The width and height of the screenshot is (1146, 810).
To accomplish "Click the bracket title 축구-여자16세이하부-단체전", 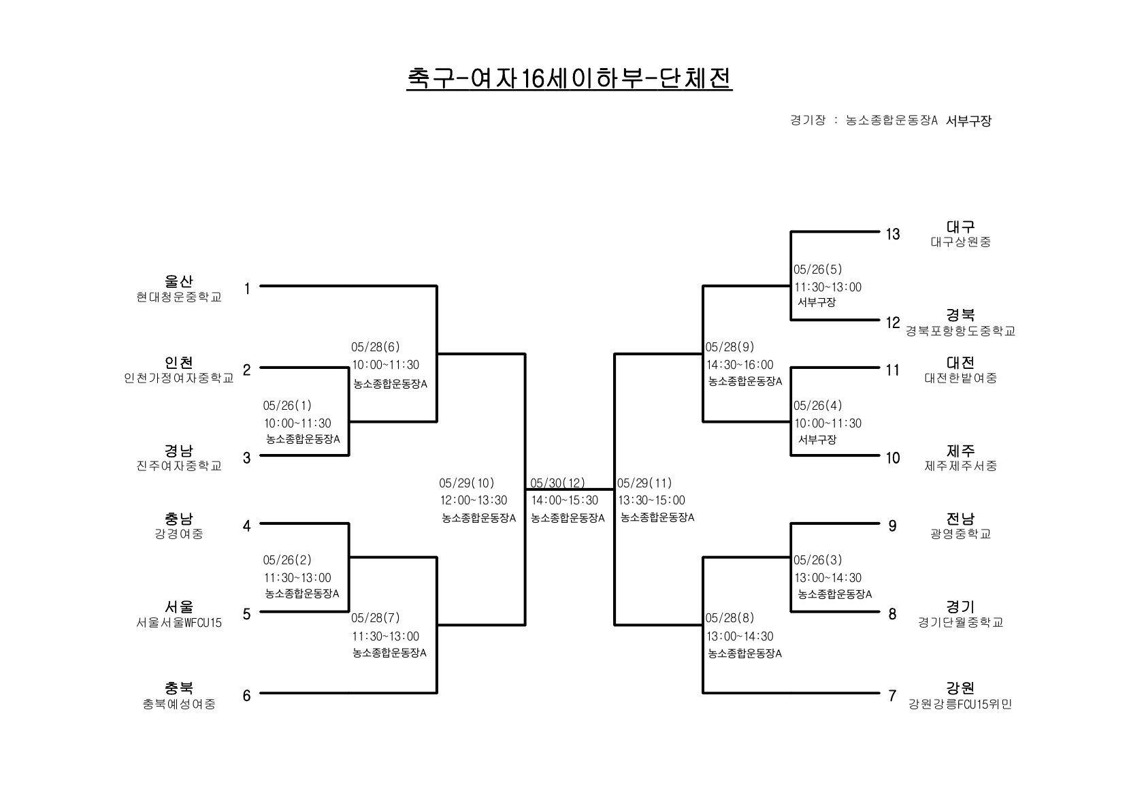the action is click(x=570, y=79).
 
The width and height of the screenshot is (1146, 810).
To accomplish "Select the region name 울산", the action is click(x=178, y=281).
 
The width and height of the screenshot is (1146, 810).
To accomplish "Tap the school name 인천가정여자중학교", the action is click(x=178, y=378).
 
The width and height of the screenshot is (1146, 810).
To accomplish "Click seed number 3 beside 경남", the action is click(x=246, y=458).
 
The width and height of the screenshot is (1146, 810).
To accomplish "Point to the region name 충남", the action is click(x=178, y=519).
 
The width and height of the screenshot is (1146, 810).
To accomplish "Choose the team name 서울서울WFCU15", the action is click(x=178, y=623).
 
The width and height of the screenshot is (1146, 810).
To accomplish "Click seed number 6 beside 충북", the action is click(x=246, y=696).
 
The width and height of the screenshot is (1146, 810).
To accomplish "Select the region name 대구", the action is click(x=960, y=227).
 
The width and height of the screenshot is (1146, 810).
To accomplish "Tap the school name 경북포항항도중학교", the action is click(x=960, y=331).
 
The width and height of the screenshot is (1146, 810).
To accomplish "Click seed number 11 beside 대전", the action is click(x=893, y=370).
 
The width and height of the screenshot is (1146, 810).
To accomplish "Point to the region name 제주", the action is click(x=960, y=451).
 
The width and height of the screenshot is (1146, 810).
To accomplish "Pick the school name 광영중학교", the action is click(x=960, y=534).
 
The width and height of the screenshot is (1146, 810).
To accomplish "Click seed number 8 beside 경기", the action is click(x=892, y=614).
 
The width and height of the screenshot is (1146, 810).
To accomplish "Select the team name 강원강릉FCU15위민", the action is click(x=960, y=704).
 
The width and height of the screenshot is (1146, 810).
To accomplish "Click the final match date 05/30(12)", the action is click(x=557, y=483).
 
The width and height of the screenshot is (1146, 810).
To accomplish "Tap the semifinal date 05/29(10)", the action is click(x=467, y=483).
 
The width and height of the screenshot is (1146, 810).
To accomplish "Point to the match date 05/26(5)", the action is click(x=817, y=269).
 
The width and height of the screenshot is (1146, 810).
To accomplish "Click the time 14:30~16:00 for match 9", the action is click(x=740, y=365).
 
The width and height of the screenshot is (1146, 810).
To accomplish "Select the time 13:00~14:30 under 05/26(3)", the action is click(x=828, y=578).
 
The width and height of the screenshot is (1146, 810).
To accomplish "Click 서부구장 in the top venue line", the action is click(x=968, y=120).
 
